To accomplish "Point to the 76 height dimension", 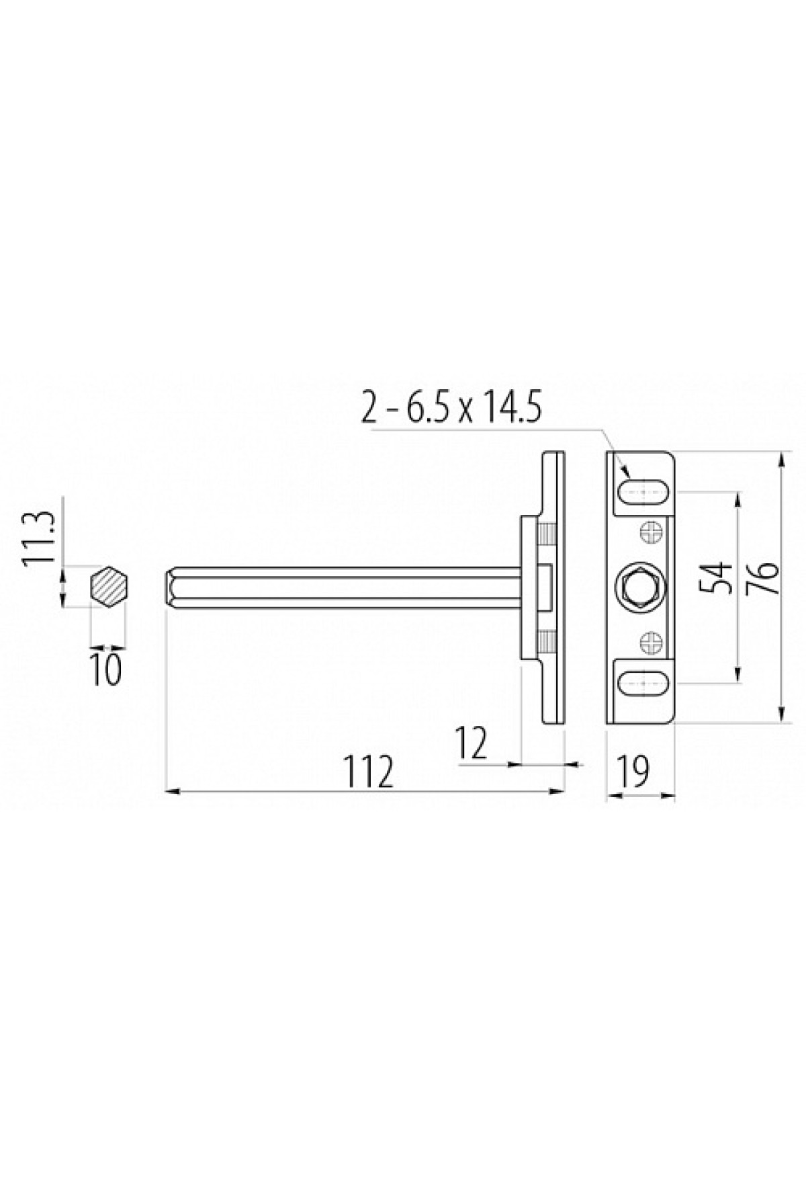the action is tap(766, 576).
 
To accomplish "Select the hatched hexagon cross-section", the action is tap(109, 585).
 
